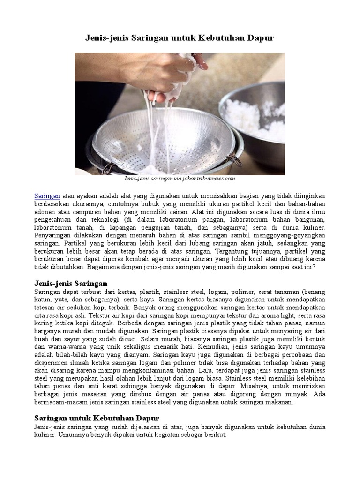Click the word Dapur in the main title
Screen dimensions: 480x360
[x=259, y=38]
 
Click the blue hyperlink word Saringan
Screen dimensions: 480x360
[x=46, y=195]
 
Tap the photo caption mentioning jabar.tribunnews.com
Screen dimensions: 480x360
[x=180, y=179]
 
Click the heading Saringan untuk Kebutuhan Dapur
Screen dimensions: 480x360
[x=97, y=418]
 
